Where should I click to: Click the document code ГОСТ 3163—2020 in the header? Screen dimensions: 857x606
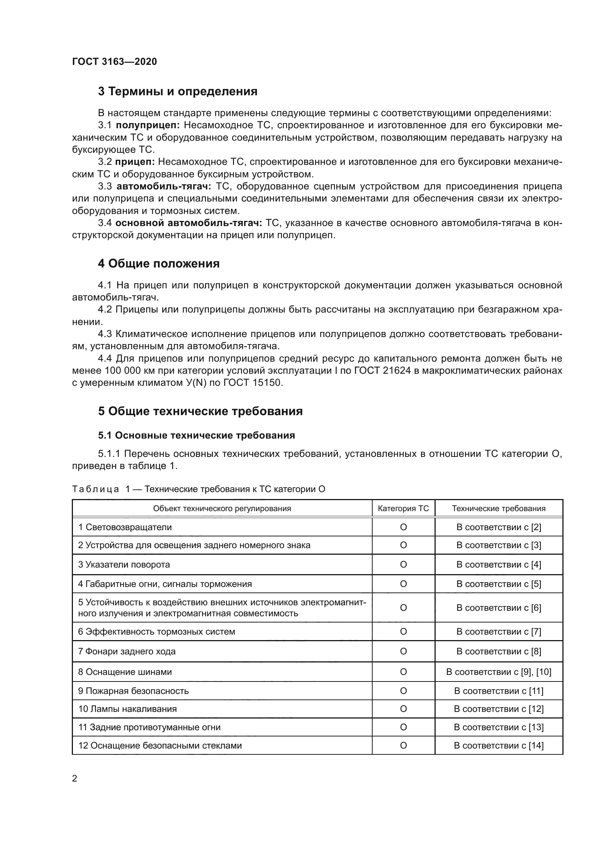tap(114, 62)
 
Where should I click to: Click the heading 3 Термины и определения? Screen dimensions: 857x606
tap(178, 92)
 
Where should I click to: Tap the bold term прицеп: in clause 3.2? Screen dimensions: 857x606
tap(135, 162)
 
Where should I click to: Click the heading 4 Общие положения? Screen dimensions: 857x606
tap(159, 263)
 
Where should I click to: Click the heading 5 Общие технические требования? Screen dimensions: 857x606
tap(200, 411)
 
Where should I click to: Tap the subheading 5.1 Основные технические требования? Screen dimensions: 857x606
tap(196, 435)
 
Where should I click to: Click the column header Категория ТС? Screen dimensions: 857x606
tap(403, 509)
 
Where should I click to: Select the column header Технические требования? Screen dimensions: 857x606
tap(499, 509)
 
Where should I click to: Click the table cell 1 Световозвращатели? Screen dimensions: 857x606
tap(125, 527)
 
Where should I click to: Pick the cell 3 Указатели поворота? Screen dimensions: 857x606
tap(124, 564)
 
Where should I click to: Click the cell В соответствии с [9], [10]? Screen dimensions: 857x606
tap(499, 672)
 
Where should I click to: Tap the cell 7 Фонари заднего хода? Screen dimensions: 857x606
tap(127, 651)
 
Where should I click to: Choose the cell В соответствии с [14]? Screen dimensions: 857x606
tap(499, 745)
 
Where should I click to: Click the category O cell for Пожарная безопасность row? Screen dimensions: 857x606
tap(403, 691)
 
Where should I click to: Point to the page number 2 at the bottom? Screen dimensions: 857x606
tap(75, 779)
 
